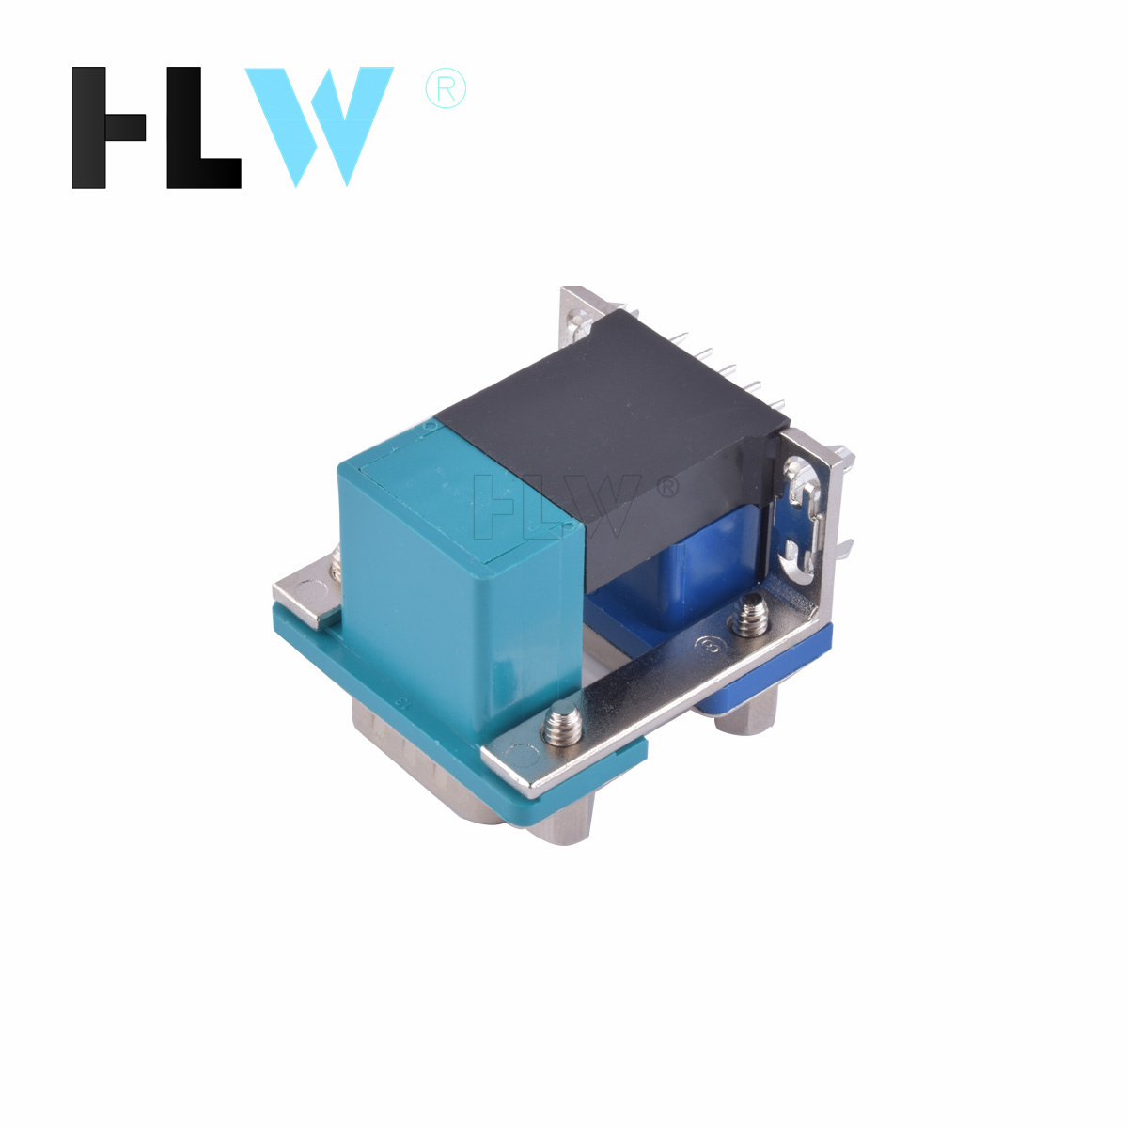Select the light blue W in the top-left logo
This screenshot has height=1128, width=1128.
click(319, 127)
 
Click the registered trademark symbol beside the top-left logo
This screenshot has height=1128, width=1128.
click(446, 88)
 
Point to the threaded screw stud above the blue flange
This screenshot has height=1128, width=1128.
click(749, 616)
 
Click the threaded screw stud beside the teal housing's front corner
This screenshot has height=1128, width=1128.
click(563, 726)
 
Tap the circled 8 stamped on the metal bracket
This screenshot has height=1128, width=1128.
click(710, 646)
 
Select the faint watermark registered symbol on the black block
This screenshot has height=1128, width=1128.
click(668, 487)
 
